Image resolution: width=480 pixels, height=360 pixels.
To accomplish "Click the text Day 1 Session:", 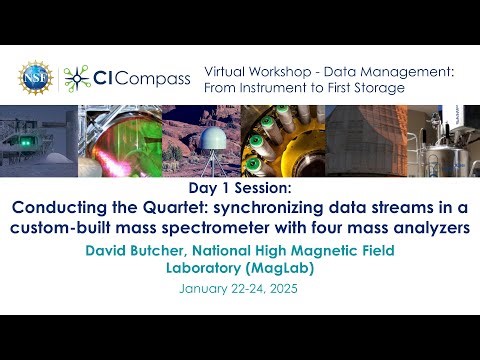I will (x=239, y=189).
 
